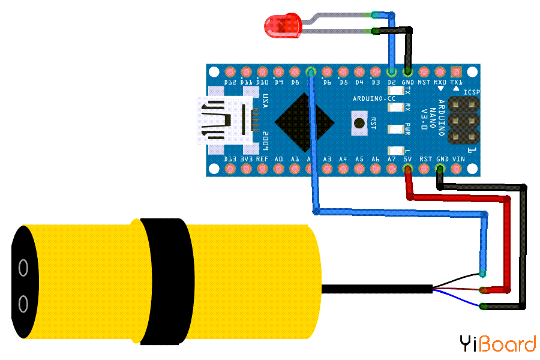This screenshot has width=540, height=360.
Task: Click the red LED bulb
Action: [x=282, y=26]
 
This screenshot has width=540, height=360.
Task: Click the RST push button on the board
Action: [x=359, y=123]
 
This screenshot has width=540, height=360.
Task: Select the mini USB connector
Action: [x=225, y=121]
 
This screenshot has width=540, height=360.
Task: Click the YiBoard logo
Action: [x=497, y=344]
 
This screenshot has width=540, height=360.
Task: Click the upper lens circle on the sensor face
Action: [x=23, y=267]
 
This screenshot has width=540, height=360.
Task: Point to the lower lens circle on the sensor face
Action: [x=23, y=304]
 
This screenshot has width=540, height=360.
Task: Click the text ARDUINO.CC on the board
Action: [x=374, y=98]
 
